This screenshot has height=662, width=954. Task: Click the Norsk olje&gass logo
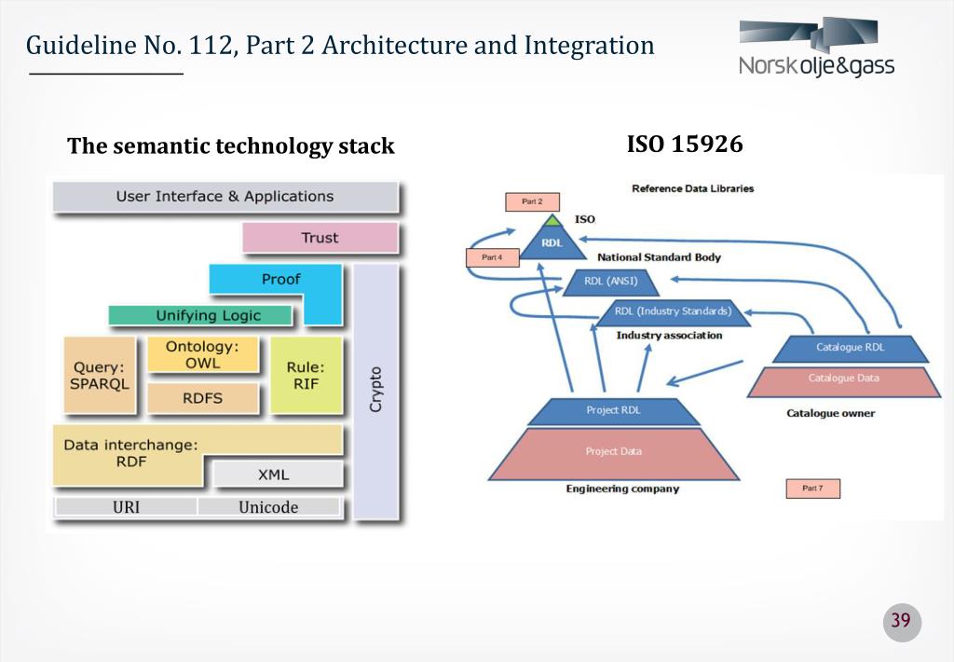click(x=816, y=48)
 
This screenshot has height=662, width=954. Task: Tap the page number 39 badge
click(x=901, y=622)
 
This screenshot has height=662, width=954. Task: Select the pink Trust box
click(x=320, y=238)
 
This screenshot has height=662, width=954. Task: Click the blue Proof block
click(x=279, y=280)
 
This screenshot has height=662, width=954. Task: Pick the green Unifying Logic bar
click(x=208, y=315)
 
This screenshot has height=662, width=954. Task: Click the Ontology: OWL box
click(x=202, y=355)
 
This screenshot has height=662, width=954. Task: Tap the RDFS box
click(x=202, y=398)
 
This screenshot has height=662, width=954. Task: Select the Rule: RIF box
click(x=306, y=375)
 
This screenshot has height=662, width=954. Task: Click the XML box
click(x=274, y=475)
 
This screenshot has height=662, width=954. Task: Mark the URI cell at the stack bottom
click(x=126, y=507)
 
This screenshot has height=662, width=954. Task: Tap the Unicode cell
click(x=268, y=507)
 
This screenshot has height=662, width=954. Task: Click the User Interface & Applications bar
click(x=225, y=197)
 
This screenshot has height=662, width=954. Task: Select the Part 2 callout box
click(x=532, y=201)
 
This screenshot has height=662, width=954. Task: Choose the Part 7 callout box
click(x=812, y=489)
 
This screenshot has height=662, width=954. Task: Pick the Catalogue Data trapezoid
click(x=843, y=379)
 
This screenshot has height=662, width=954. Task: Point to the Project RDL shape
click(x=613, y=410)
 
